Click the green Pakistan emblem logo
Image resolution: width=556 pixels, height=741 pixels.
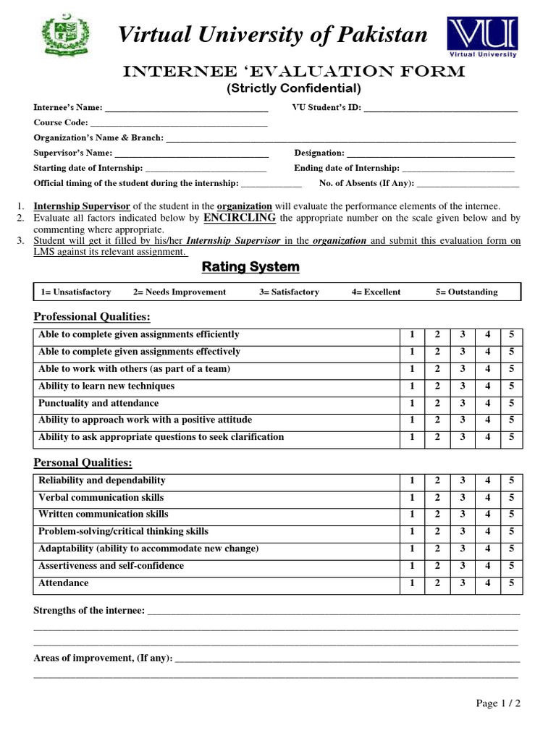(x=64, y=36)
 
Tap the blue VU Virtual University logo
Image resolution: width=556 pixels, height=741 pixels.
(x=482, y=37)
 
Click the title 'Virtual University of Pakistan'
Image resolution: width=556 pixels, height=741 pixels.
(x=272, y=35)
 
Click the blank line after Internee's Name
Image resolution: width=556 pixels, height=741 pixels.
(x=186, y=109)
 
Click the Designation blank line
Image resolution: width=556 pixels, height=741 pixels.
(x=431, y=153)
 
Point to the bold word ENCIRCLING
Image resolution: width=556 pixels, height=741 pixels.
(x=240, y=217)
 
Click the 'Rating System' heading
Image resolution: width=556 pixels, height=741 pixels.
(x=250, y=267)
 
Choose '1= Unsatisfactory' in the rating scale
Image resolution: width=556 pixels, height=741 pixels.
(x=76, y=292)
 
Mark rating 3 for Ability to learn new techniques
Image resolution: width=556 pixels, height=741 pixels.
(x=462, y=386)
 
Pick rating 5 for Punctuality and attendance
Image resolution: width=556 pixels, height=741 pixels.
(x=511, y=404)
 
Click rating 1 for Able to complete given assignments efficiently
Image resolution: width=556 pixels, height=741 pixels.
(x=412, y=335)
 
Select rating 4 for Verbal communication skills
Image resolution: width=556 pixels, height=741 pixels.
(x=487, y=498)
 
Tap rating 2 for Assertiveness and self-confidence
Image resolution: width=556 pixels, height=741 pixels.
(x=437, y=566)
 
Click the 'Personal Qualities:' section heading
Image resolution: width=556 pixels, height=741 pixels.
(x=83, y=462)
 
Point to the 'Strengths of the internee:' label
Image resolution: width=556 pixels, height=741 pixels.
(x=89, y=611)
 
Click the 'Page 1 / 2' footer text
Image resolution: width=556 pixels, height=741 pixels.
(x=498, y=703)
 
